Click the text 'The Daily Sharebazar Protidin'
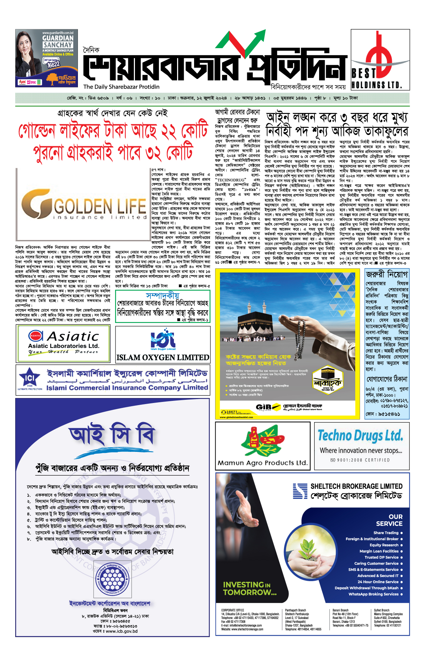(121, 87)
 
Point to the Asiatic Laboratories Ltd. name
(64, 346)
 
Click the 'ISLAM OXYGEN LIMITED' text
(163, 358)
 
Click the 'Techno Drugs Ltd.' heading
(360, 435)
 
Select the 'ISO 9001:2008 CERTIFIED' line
(360, 460)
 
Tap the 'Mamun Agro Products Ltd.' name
(262, 463)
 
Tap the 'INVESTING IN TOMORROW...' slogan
(250, 588)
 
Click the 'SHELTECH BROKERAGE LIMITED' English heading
(356, 486)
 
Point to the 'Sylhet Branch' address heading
(381, 610)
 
